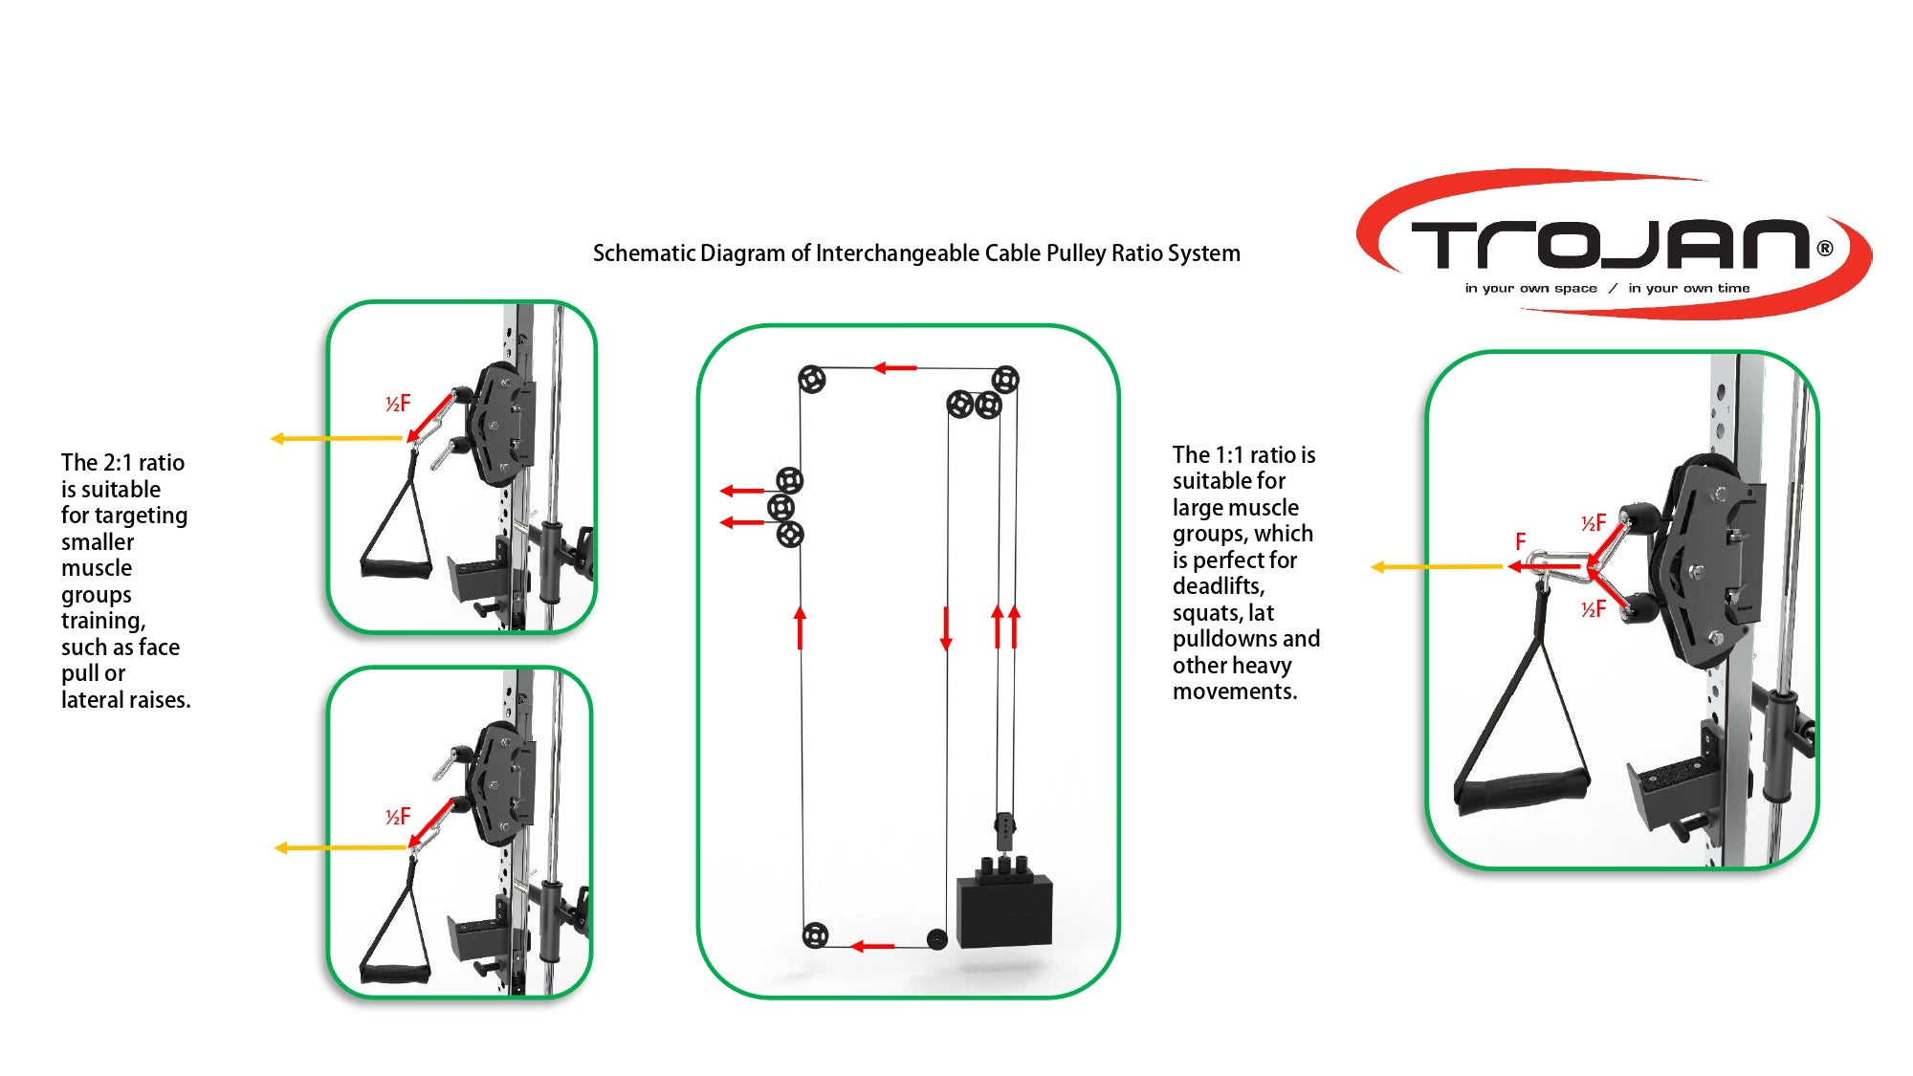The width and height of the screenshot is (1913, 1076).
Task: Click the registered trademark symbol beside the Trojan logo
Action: (x=1825, y=249)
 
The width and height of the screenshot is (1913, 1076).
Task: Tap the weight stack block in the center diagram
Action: (x=1004, y=909)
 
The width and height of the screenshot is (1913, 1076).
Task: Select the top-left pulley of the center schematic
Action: (x=811, y=380)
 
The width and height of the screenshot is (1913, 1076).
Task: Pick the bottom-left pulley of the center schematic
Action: (x=815, y=934)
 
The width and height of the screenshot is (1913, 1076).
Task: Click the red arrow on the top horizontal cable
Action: (x=895, y=367)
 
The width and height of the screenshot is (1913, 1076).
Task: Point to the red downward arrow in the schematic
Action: (x=946, y=628)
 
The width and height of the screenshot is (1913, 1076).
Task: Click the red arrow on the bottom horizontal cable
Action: (x=872, y=946)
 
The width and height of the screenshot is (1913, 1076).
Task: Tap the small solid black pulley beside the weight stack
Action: (x=937, y=939)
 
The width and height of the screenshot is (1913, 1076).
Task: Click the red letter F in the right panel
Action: (x=1520, y=541)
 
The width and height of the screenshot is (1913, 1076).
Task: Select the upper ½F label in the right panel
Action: (x=1594, y=523)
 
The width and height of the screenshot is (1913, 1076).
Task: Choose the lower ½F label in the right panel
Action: (x=1594, y=609)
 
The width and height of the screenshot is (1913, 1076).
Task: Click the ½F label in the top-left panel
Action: (x=398, y=404)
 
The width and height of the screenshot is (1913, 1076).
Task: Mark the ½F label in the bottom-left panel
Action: (x=398, y=817)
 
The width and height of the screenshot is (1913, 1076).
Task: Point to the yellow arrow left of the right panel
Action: (x=1435, y=567)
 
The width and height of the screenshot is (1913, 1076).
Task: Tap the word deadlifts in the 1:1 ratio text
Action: (x=1218, y=586)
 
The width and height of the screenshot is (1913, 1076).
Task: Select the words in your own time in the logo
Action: (x=1688, y=288)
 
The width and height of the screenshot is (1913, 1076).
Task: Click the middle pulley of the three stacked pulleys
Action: (x=781, y=507)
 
